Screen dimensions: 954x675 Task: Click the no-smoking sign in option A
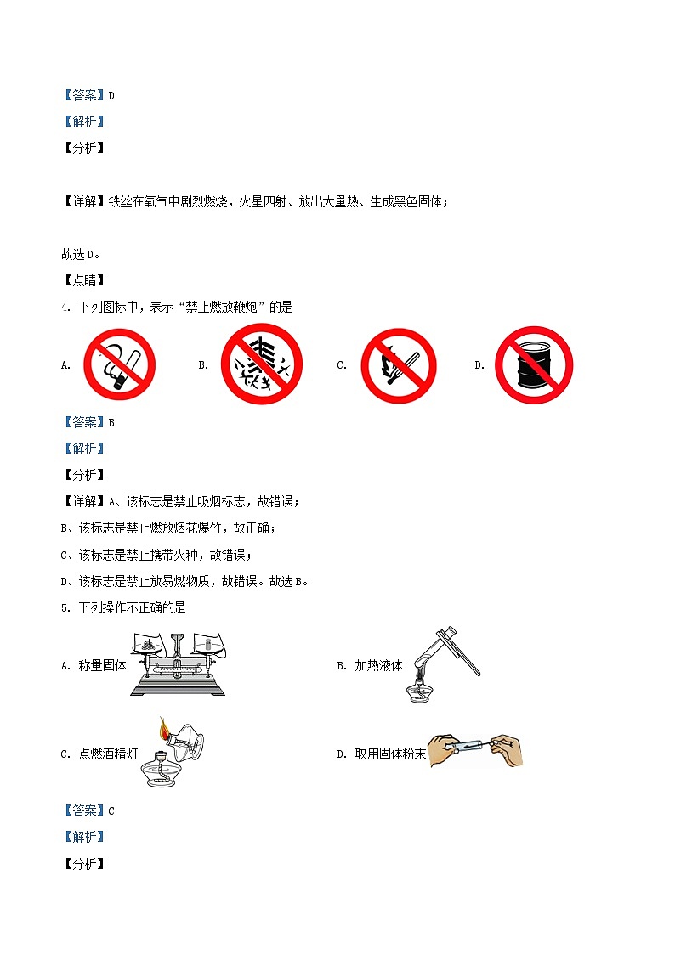(119, 364)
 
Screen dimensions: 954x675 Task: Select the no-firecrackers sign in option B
(262, 364)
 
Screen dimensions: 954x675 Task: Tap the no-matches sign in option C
(398, 365)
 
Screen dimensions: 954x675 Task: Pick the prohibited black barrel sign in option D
(534, 364)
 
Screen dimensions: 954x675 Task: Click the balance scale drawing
(178, 664)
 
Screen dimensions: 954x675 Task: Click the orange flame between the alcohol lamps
(163, 729)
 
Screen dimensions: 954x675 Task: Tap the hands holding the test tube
(476, 750)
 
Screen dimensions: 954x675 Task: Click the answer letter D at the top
(111, 96)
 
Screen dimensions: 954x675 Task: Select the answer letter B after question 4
(111, 422)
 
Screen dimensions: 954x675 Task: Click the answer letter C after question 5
(111, 810)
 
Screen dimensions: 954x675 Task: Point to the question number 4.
(65, 308)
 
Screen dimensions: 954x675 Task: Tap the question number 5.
(65, 607)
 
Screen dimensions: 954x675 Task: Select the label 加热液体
(378, 666)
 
